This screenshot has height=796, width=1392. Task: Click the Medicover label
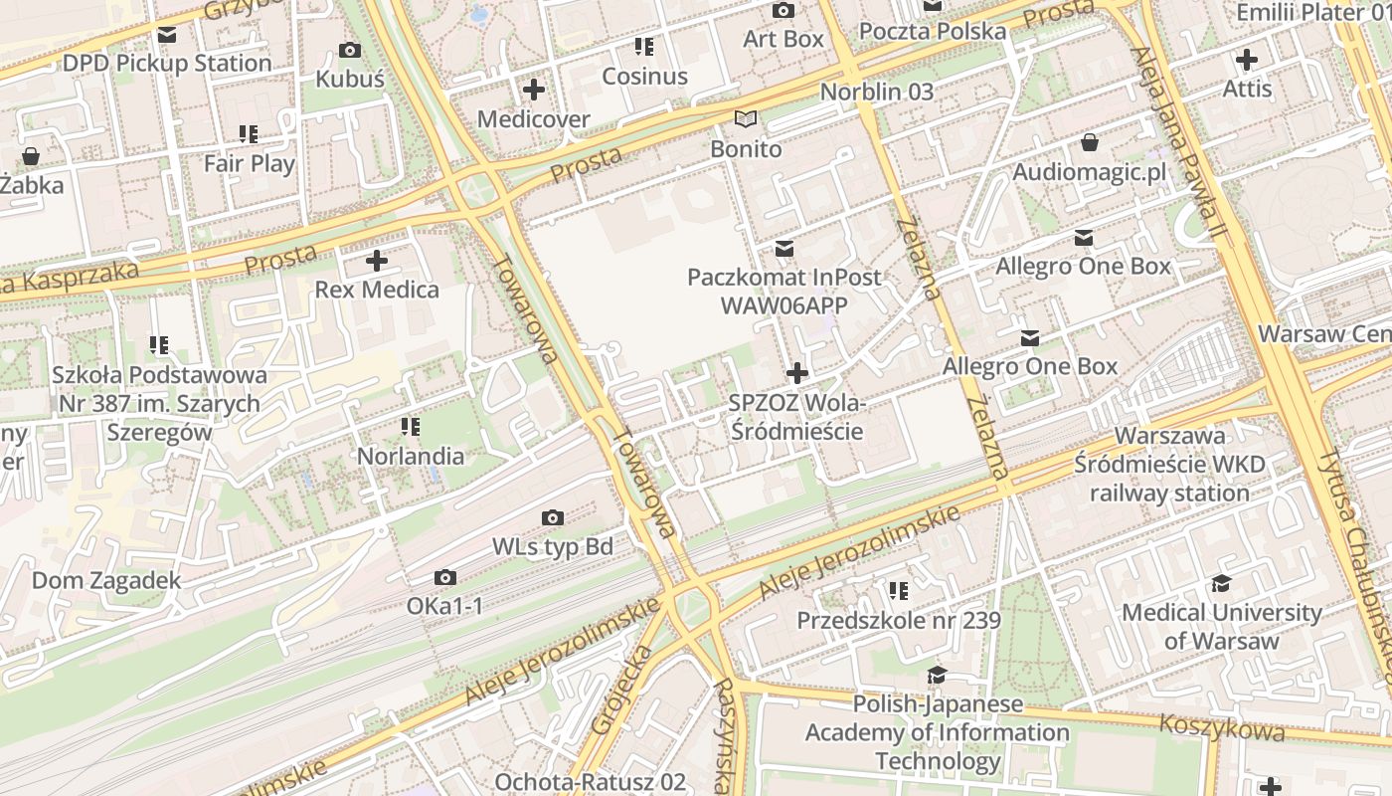(533, 119)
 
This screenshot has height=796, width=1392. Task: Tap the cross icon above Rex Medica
(377, 262)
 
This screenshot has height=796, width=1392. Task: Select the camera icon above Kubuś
(350, 51)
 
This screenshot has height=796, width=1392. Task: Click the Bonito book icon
(746, 119)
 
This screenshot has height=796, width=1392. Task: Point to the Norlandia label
(411, 457)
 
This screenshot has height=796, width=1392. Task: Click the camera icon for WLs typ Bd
(553, 518)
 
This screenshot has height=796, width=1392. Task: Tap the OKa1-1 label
(444, 606)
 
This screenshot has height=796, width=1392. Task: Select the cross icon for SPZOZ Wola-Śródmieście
(796, 374)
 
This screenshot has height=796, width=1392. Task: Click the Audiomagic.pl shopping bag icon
(1090, 142)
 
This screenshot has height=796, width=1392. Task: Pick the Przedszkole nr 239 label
(898, 621)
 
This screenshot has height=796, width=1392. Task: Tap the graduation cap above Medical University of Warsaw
(1221, 584)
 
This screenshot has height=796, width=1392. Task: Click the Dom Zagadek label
(106, 580)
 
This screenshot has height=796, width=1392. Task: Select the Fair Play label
(249, 163)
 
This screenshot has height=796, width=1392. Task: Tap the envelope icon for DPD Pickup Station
(166, 36)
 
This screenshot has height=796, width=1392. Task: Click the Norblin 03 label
(876, 92)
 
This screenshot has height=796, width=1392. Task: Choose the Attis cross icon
(1246, 60)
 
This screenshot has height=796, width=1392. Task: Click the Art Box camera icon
(783, 11)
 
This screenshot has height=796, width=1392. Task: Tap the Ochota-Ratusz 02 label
(590, 782)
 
